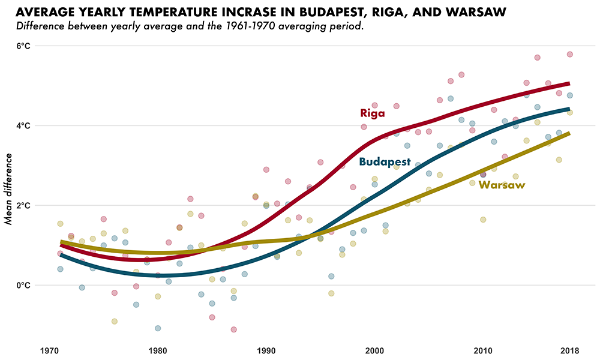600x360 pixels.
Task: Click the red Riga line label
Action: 372,113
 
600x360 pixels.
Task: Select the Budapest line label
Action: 385,162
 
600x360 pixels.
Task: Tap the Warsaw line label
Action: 502,185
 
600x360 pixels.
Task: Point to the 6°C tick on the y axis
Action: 23,46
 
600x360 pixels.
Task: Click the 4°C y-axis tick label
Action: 23,126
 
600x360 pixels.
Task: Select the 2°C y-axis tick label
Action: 23,206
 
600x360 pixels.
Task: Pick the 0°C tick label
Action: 23,286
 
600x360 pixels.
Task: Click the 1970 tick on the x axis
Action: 49,350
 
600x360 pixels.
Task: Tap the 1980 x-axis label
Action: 158,350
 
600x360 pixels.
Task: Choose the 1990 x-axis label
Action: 266,350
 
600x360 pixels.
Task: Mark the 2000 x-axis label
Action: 374,350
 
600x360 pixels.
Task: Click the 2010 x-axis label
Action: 483,350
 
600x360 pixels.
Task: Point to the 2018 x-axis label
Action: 569,350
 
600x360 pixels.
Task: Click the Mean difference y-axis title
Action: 8,188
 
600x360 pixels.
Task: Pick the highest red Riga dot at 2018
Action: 569,54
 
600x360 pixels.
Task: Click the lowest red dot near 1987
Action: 233,329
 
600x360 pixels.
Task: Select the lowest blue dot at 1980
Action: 158,328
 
